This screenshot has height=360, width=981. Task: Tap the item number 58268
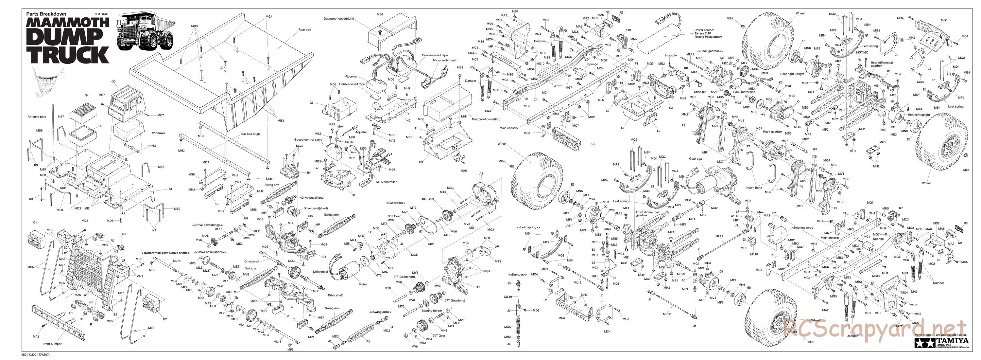click(x=101, y=14)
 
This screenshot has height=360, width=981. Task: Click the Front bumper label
click(x=52, y=344)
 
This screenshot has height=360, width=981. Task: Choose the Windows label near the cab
click(x=158, y=133)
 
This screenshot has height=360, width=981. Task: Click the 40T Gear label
click(x=428, y=199)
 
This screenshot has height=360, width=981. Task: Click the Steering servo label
click(x=803, y=227)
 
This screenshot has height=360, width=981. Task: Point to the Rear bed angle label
click(x=250, y=134)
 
